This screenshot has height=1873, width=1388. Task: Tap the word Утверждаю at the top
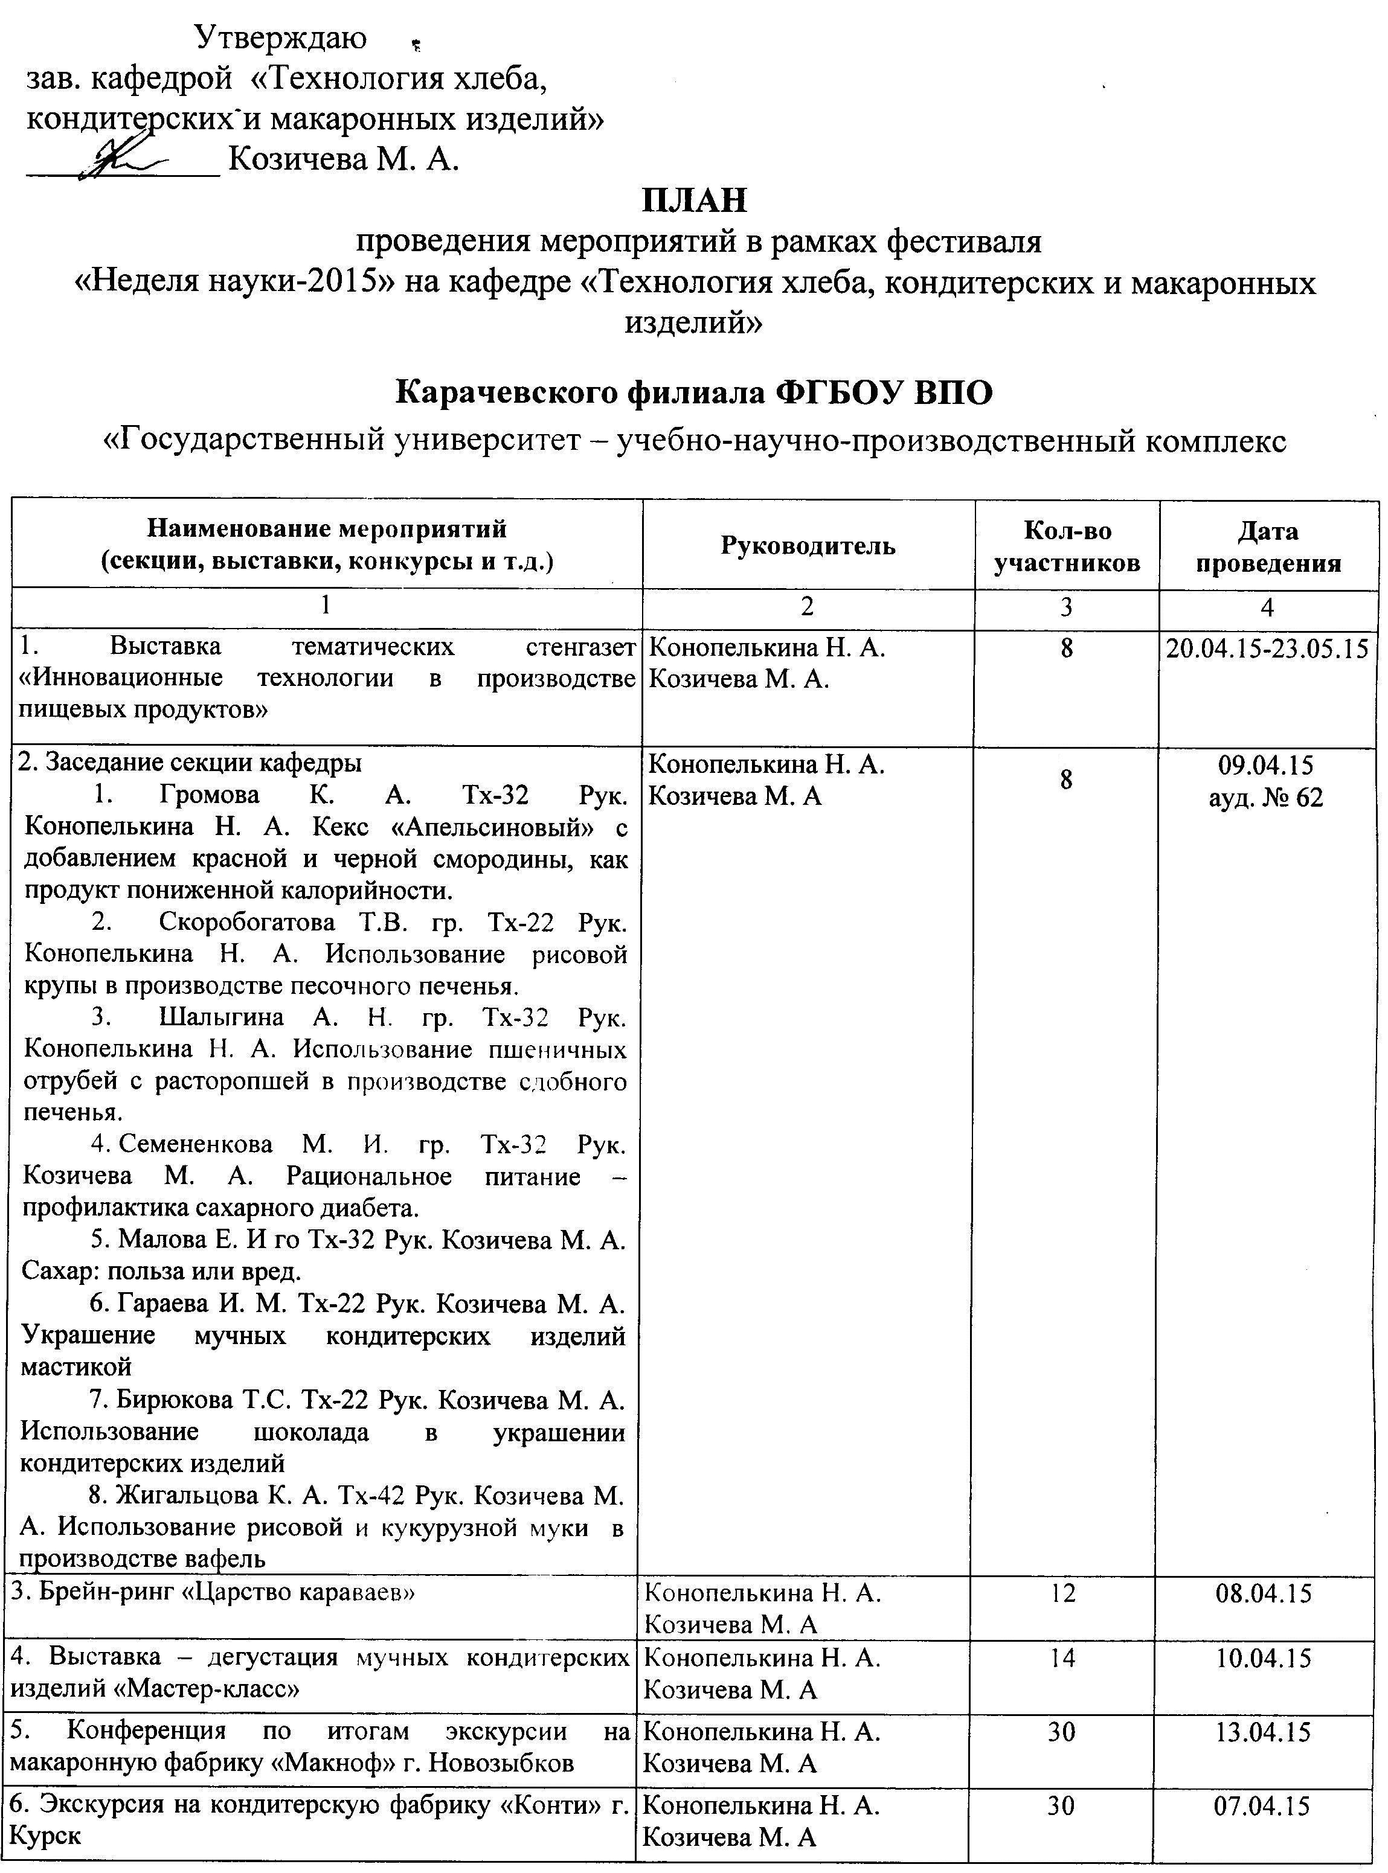281,38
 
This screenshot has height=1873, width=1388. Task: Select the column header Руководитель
808,546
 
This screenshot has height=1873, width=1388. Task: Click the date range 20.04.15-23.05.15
1268,649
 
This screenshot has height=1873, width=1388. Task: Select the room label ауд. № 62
1265,796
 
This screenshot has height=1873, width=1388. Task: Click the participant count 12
1063,1592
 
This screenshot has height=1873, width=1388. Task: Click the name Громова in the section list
211,795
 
